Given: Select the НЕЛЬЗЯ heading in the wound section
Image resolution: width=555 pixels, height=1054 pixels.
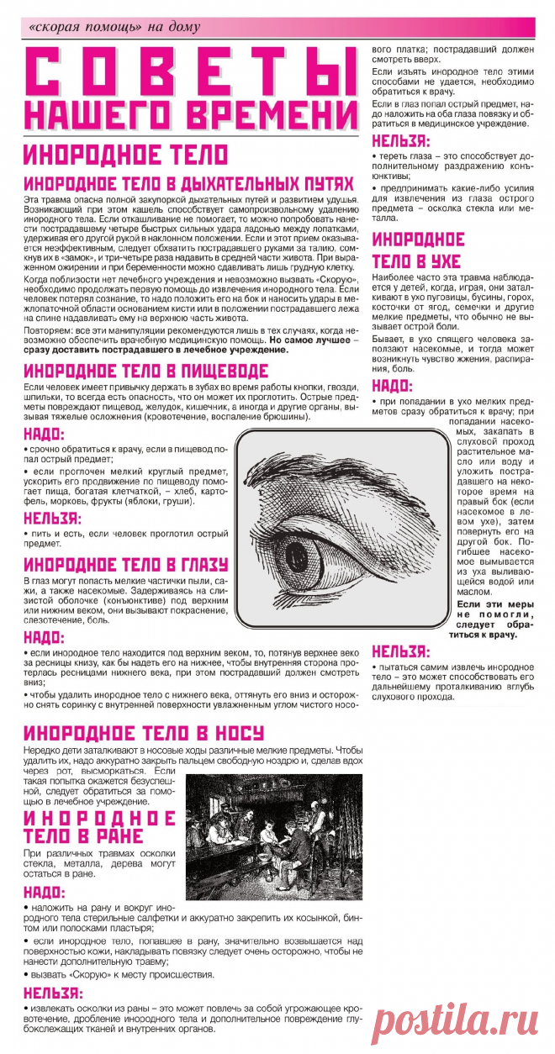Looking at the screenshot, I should coord(52,993).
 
